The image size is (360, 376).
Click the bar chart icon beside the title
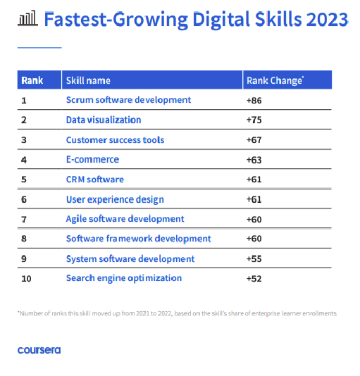click(x=26, y=18)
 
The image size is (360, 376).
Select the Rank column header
click(x=32, y=80)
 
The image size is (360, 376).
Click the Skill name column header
click(x=88, y=80)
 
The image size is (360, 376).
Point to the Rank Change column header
click(x=275, y=80)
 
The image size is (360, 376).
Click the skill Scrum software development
click(x=128, y=100)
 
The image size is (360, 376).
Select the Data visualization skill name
click(x=104, y=120)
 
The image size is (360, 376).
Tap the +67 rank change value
click(x=254, y=139)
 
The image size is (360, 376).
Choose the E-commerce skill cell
click(x=92, y=159)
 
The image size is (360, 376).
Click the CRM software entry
click(x=94, y=180)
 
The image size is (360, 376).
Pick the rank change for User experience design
click(x=254, y=199)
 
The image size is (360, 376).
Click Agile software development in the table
click(x=125, y=219)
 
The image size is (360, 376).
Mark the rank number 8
click(x=24, y=239)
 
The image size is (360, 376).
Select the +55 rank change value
click(x=254, y=258)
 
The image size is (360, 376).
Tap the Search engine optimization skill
click(x=124, y=278)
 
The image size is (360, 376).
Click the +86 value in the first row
click(x=254, y=100)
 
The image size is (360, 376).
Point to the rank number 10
click(x=26, y=278)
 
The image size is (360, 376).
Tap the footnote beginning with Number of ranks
click(x=177, y=313)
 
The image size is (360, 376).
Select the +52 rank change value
click(x=254, y=278)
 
